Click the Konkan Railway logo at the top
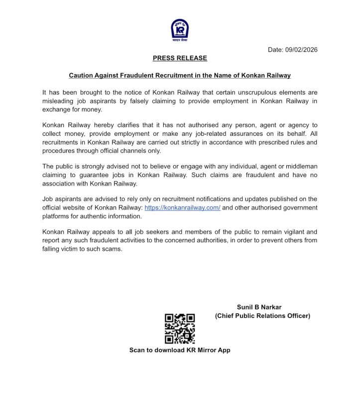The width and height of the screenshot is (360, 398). pyautogui.click(x=179, y=30)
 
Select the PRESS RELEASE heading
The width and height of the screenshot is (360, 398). pyautogui.click(x=180, y=58)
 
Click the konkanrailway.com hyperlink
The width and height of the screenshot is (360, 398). pyautogui.click(x=182, y=207)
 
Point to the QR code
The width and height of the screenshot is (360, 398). pyautogui.click(x=180, y=328)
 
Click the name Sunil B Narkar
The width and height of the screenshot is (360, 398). pyautogui.click(x=262, y=307)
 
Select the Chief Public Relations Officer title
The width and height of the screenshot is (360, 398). pyautogui.click(x=262, y=316)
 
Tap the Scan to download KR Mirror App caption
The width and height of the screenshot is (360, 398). pyautogui.click(x=180, y=350)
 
